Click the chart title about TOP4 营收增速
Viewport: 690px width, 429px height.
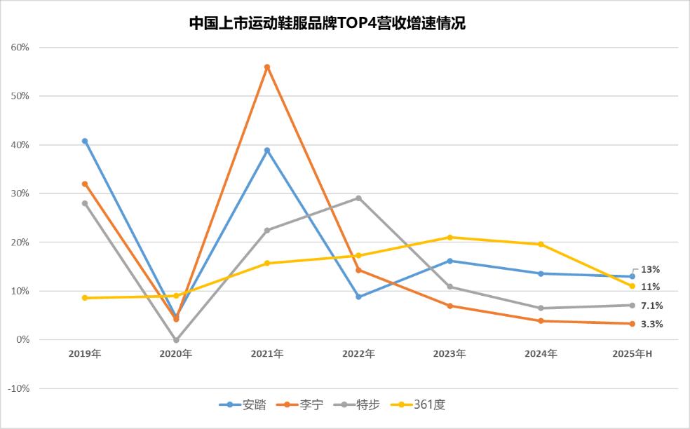[x=327, y=23]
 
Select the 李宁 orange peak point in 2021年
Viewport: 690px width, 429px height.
[x=267, y=67]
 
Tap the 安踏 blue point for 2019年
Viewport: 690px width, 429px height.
[x=85, y=141]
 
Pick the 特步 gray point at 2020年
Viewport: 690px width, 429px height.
[x=176, y=340]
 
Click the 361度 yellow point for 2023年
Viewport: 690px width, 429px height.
[x=449, y=237]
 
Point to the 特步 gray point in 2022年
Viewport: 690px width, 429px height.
[x=358, y=198]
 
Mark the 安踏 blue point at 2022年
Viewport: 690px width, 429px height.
[x=358, y=297]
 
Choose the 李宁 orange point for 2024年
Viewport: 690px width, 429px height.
[x=541, y=321]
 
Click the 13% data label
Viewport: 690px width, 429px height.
[x=650, y=269]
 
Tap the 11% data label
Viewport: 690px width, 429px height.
[x=650, y=287]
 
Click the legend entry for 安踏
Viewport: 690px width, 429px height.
[x=243, y=404]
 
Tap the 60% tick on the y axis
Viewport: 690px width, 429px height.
[x=19, y=47]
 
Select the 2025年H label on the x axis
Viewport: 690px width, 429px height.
[x=632, y=354]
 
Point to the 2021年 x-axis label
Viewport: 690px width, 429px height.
[x=267, y=354]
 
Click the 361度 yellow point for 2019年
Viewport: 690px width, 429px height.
[x=85, y=298]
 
